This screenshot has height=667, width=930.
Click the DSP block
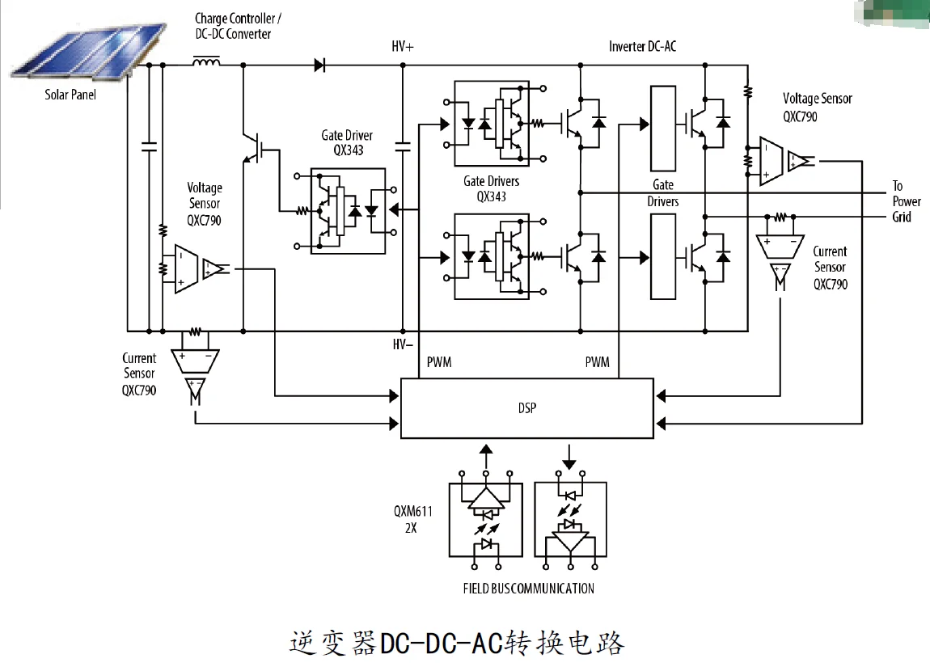tap(526, 408)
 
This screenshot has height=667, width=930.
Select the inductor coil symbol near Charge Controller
tap(207, 62)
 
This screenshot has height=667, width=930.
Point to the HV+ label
tap(402, 47)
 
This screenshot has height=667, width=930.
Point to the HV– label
tap(403, 344)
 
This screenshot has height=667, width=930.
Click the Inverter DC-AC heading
tap(642, 47)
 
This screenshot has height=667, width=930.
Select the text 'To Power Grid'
tap(906, 201)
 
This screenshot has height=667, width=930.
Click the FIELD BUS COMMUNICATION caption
tap(528, 589)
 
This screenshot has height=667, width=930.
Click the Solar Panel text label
tap(70, 95)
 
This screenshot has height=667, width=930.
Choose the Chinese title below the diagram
tap(457, 643)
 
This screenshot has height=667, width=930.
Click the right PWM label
tap(597, 362)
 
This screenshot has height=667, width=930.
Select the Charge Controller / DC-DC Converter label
tap(238, 26)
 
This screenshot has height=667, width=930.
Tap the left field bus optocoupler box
tap(486, 519)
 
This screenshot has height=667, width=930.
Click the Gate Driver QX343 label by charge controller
tap(347, 142)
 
